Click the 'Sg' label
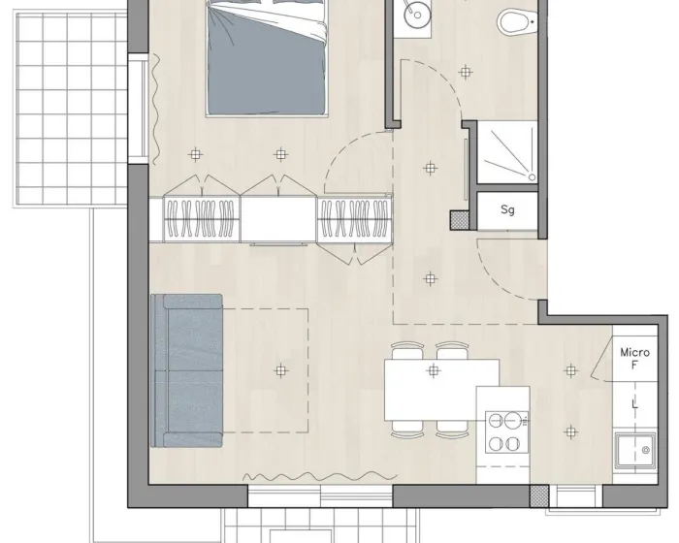point(507,210)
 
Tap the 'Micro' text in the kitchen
point(634,352)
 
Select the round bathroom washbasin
point(417,15)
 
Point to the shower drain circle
point(532,177)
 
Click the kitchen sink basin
point(635,450)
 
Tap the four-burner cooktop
point(506,431)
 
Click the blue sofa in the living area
point(186,370)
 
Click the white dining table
point(433,390)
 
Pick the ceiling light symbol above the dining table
point(433,370)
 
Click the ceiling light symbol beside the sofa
point(281,370)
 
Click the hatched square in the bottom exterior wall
point(539,495)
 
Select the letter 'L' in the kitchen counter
point(634,404)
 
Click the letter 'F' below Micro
point(634,365)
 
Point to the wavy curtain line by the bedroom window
point(156,110)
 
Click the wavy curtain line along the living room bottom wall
point(319,477)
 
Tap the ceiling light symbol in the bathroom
point(465,72)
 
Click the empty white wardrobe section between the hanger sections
point(278,219)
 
